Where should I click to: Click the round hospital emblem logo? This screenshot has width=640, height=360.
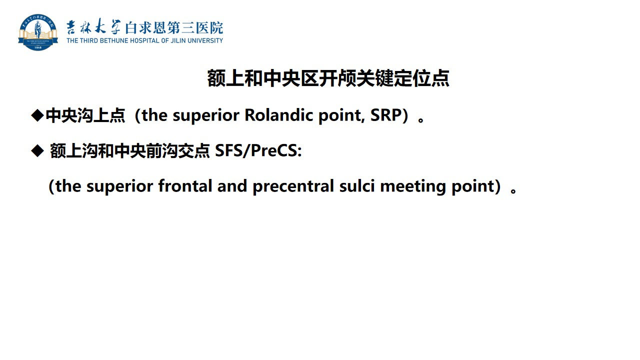click(x=38, y=32)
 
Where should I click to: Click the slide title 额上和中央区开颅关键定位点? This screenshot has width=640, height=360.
click(x=328, y=78)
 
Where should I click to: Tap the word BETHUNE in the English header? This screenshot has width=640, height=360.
click(x=114, y=40)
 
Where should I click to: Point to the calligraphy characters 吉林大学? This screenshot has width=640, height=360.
click(x=93, y=27)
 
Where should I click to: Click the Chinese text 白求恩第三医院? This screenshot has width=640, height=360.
click(x=174, y=27)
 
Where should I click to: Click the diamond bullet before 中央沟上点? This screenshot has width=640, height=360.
click(x=37, y=115)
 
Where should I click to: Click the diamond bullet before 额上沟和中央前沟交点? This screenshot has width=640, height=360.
click(x=37, y=150)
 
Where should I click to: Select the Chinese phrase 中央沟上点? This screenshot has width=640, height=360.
click(x=85, y=115)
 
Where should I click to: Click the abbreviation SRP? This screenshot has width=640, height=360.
click(x=386, y=115)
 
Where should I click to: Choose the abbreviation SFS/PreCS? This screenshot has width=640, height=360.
click(x=258, y=150)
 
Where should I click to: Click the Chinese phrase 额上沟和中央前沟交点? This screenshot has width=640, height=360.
click(x=130, y=151)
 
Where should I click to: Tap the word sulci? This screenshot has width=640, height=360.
click(x=357, y=185)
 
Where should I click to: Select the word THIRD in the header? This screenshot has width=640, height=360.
click(x=89, y=40)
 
